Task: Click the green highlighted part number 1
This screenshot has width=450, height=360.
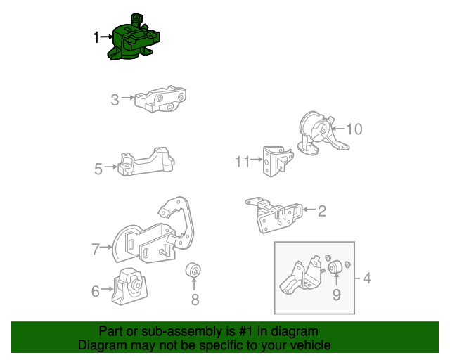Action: coord(134,39)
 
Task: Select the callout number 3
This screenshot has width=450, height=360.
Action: coord(115,100)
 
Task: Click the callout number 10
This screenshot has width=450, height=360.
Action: coord(354,129)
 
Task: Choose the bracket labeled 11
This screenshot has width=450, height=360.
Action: coord(278,161)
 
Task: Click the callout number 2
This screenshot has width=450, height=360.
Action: coord(322,211)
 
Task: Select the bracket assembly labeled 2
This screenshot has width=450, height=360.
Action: coord(274,214)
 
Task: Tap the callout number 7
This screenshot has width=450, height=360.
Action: coord(96,249)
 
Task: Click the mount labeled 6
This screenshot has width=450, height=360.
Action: coord(129,287)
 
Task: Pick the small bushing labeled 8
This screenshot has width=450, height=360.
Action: coord(193,270)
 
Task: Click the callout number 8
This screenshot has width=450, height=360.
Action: coord(195,300)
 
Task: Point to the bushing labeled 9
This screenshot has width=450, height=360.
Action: coord(335,267)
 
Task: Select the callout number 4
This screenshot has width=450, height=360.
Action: coord(367,278)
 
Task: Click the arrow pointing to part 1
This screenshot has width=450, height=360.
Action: coord(106,37)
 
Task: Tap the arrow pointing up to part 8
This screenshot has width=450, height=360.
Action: coord(194,284)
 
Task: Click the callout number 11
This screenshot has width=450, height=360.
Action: coord(243,162)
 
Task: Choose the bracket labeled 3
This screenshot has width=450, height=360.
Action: coord(160,99)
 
